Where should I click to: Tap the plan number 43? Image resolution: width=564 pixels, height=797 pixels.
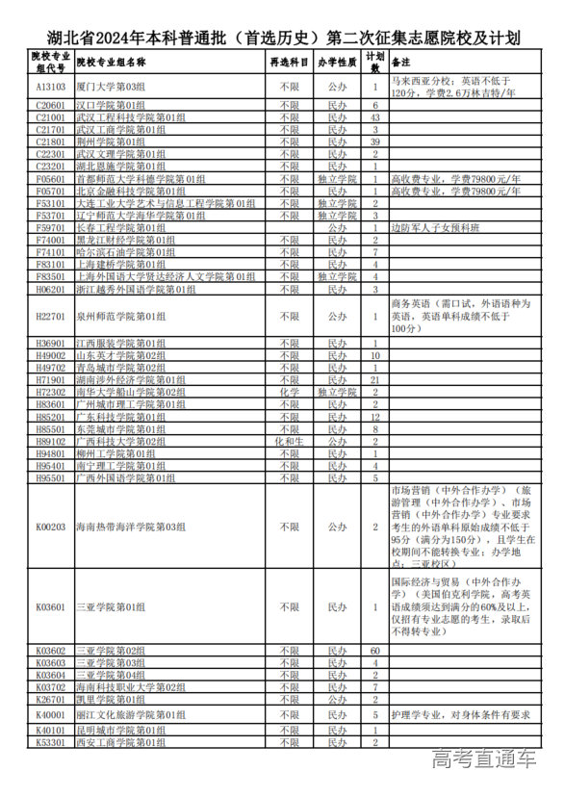pos(375,116)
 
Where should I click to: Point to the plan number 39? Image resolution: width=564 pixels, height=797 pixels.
pos(375,141)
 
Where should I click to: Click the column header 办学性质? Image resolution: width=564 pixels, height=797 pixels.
pos(337,62)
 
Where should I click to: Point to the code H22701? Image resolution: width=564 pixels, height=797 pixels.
pos(50,316)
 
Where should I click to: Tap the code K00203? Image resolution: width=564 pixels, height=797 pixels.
pos(50,527)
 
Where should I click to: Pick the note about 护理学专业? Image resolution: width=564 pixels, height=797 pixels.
pos(460,715)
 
